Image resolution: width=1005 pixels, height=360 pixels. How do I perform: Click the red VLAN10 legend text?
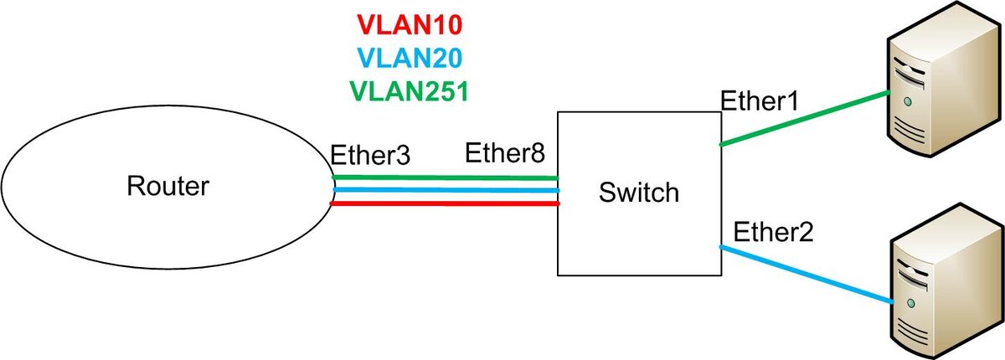click(410, 24)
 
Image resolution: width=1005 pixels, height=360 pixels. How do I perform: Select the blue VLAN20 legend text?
click(410, 59)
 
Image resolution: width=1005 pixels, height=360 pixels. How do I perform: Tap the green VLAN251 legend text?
click(410, 91)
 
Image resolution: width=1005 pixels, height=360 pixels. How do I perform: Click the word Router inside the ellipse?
click(167, 186)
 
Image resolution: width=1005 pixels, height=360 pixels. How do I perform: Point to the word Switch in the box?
click(639, 193)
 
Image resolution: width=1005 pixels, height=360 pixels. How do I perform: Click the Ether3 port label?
click(370, 155)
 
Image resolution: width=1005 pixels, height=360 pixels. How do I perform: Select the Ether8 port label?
click(505, 152)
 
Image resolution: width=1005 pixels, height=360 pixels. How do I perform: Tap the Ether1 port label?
click(760, 100)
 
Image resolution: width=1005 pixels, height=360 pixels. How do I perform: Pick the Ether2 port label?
click(773, 232)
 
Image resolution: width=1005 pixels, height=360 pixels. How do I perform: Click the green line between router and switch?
click(445, 177)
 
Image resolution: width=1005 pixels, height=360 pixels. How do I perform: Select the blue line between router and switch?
click(446, 190)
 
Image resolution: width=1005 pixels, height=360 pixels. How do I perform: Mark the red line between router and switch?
click(445, 203)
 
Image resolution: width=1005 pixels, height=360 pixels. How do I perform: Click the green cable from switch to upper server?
click(805, 118)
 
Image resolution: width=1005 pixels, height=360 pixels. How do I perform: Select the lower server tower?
click(946, 281)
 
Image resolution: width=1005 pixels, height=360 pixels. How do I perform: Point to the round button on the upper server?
click(908, 102)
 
